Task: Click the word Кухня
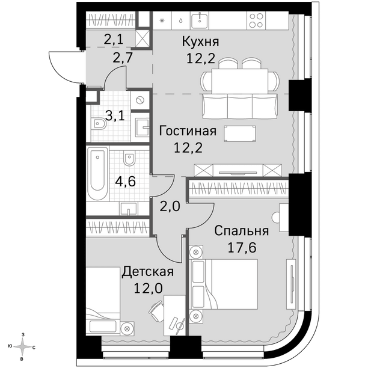[200, 42]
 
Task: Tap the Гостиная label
[188, 131]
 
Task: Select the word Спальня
[242, 231]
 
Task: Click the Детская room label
[148, 272]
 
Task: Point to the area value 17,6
[242, 248]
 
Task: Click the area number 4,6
[125, 181]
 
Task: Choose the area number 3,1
[115, 116]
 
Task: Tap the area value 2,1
[114, 40]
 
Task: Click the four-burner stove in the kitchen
[256, 20]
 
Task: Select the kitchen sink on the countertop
[200, 20]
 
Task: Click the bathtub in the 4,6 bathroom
[97, 173]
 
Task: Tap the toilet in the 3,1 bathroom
[99, 123]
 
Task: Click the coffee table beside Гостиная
[240, 133]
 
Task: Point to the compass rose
[22, 347]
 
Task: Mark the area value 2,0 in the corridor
[170, 206]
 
